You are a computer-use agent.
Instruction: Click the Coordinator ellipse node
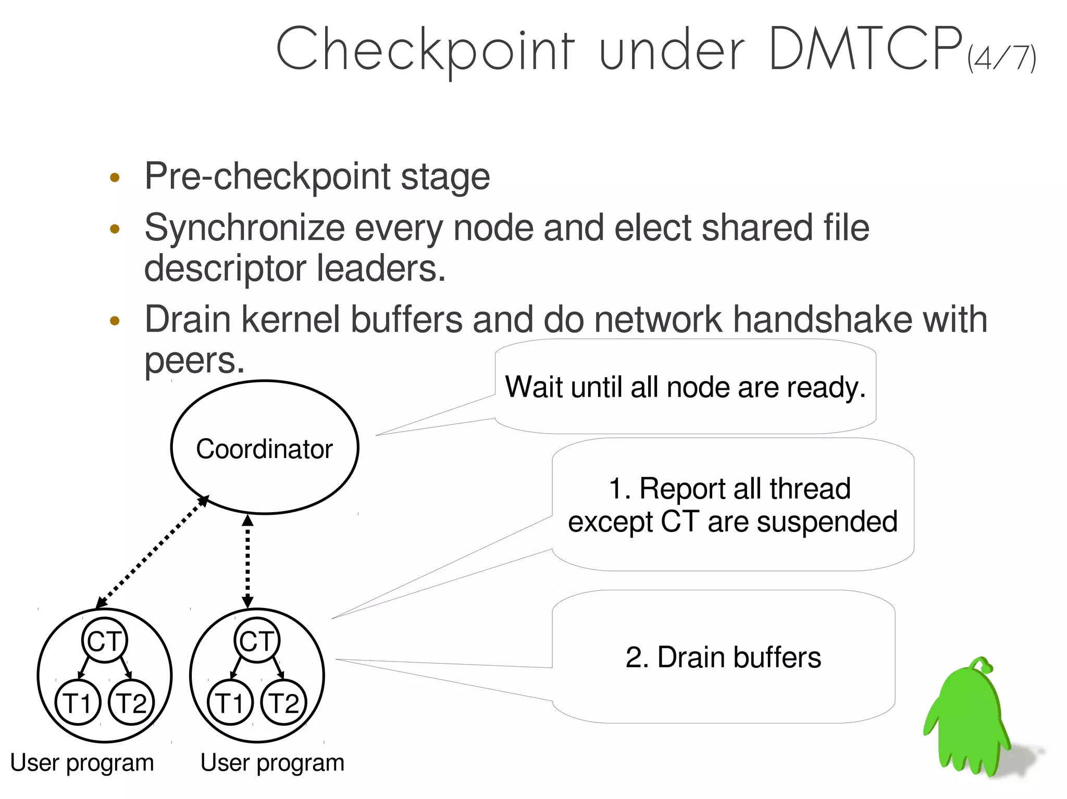pos(265,448)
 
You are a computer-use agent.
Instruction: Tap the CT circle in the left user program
pos(105,640)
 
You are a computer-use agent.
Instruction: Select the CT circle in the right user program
pos(257,640)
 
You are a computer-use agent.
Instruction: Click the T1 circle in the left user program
pos(78,702)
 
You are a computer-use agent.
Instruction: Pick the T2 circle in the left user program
pos(131,702)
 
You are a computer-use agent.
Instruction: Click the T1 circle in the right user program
pos(230,702)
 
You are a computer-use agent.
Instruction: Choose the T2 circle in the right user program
pos(284,702)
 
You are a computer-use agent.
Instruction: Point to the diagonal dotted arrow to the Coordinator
pos(152,552)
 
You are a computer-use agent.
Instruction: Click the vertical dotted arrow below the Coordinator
pos(248,561)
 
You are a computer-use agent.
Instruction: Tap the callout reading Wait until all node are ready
pos(685,387)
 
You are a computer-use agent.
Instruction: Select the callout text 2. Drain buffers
pos(723,657)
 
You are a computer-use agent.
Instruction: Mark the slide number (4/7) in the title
pos(1001,58)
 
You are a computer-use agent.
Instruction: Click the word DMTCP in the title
pos(865,49)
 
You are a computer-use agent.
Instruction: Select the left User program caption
pos(82,763)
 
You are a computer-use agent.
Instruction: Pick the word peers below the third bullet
pos(194,360)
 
